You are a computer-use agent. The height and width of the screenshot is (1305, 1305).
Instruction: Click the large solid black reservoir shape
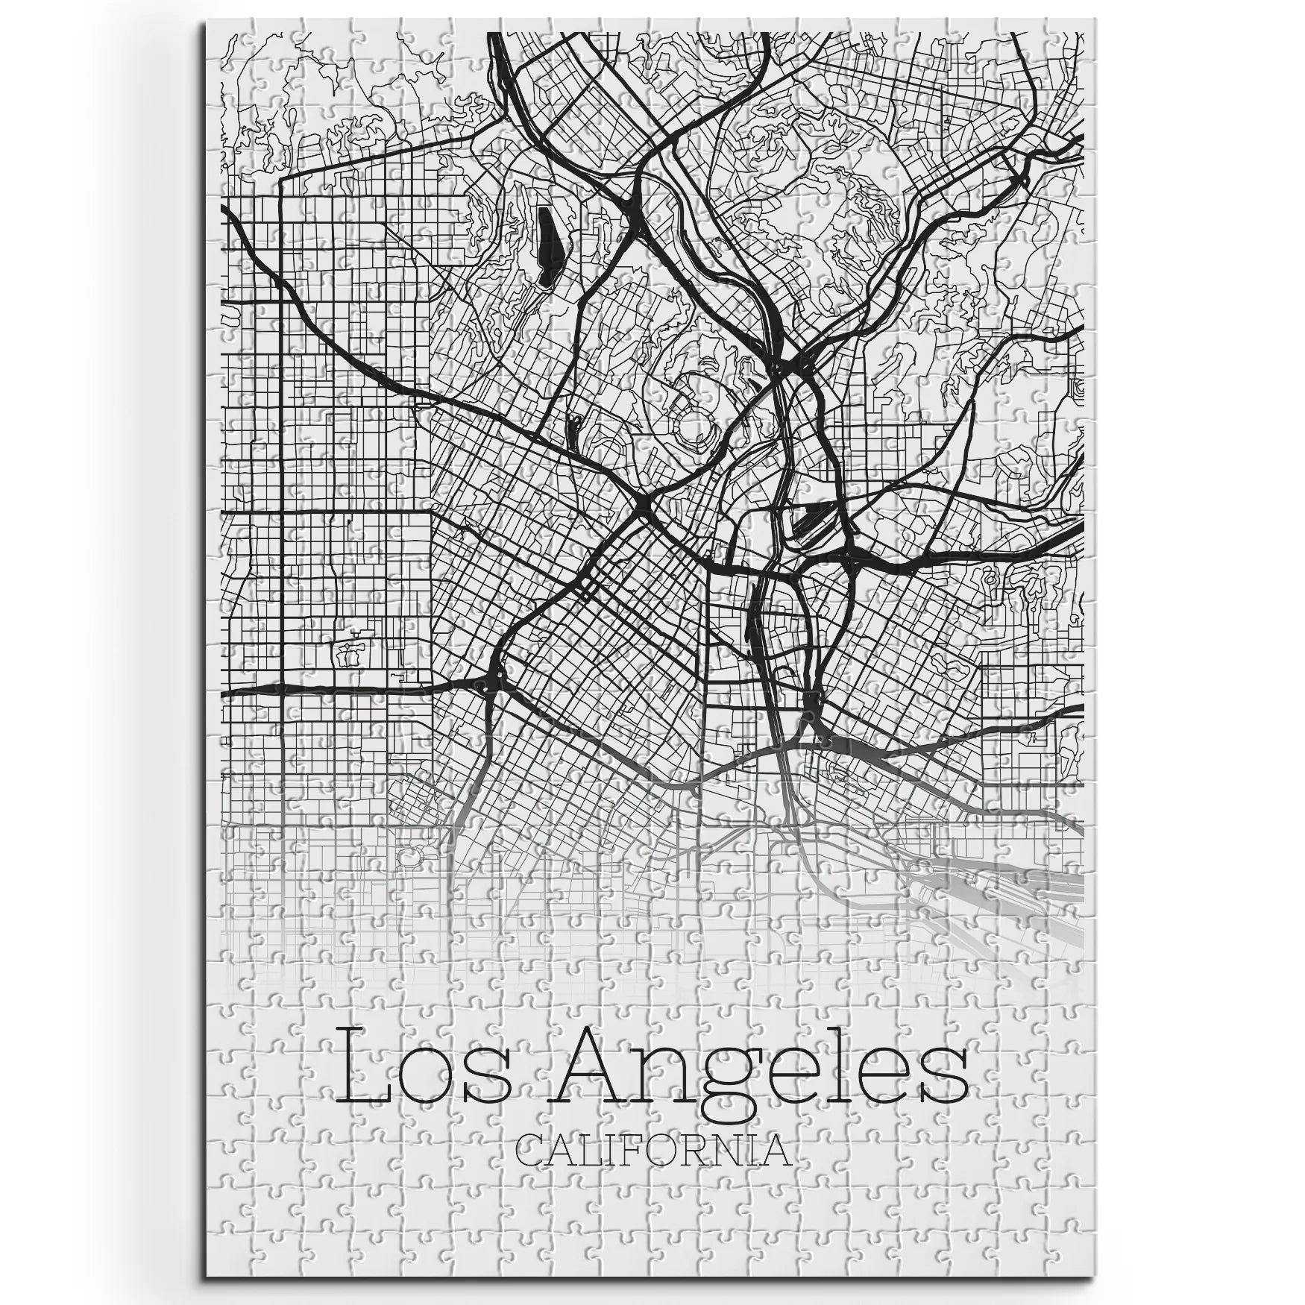pos(548,246)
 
